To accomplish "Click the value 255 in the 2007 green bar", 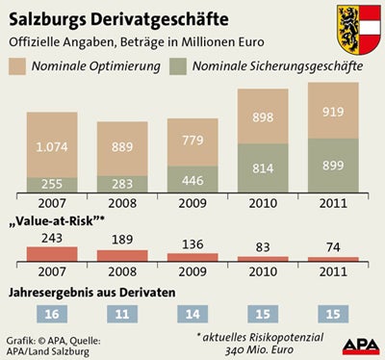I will (x=52, y=184).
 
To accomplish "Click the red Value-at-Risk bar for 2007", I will (x=52, y=254).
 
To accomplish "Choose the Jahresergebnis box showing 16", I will (x=52, y=313).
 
